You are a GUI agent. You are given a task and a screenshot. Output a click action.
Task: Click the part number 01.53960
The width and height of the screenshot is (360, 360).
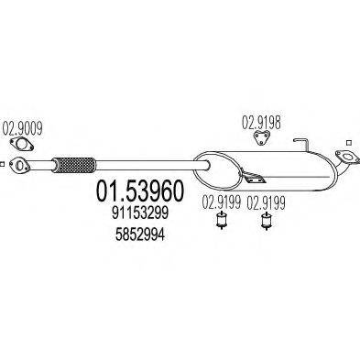pos(138,191)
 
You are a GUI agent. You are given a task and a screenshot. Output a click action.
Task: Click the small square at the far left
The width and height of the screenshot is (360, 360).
pos(5,166)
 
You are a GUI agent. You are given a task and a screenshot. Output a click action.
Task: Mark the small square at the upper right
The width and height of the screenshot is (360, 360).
pos(347,143)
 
